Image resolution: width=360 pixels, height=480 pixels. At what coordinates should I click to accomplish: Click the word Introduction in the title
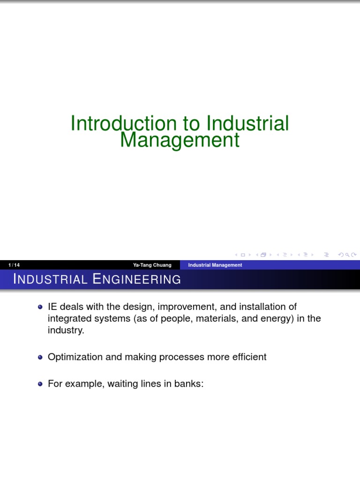pyautogui.click(x=124, y=124)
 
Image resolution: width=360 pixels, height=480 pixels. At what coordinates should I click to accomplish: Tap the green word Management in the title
pyautogui.click(x=180, y=140)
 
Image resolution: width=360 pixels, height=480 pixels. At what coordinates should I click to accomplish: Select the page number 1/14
pyautogui.click(x=14, y=265)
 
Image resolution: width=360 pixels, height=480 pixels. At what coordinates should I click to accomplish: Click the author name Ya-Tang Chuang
pyautogui.click(x=152, y=265)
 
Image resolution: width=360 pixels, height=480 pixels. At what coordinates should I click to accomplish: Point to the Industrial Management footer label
pyautogui.click(x=215, y=265)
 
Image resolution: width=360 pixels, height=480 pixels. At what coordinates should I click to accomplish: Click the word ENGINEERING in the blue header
pyautogui.click(x=136, y=279)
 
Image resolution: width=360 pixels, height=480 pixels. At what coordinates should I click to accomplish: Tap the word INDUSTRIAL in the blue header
pyautogui.click(x=50, y=279)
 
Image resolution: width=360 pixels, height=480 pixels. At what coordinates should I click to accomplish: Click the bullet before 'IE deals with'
pyautogui.click(x=40, y=307)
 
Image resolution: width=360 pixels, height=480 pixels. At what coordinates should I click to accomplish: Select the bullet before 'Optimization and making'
pyautogui.click(x=40, y=357)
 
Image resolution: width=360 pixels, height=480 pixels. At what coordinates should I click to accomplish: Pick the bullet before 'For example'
pyautogui.click(x=40, y=384)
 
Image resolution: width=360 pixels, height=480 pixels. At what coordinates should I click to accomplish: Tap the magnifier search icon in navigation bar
pyautogui.click(x=347, y=255)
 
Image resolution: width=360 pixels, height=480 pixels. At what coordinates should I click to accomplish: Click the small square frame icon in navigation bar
pyautogui.click(x=243, y=255)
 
